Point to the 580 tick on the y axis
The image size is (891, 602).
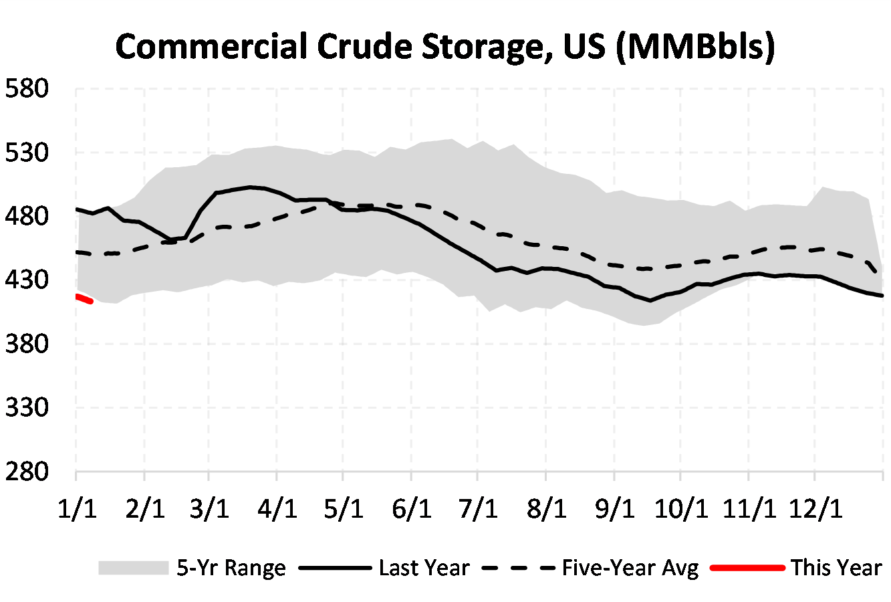pos(27,88)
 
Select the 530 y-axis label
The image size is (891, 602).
pos(27,153)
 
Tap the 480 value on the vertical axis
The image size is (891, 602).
pos(27,216)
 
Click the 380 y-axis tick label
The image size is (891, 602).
pos(27,344)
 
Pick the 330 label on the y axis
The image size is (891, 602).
pos(27,407)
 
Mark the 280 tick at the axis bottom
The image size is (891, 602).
pos(27,472)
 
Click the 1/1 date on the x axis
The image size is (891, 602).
pos(77,509)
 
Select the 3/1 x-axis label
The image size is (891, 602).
pos(210,509)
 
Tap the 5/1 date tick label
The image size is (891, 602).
pos(344,509)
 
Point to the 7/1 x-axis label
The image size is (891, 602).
pos(478,509)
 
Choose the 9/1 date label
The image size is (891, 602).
pos(614,509)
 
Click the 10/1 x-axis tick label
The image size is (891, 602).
pos(680,509)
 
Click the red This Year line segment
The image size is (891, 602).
pos(84,299)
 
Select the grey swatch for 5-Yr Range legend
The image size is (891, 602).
pos(133,568)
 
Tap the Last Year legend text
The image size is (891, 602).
pos(424,568)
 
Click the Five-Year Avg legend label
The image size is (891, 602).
pos(630,568)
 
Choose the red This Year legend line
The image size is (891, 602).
pos(747,568)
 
